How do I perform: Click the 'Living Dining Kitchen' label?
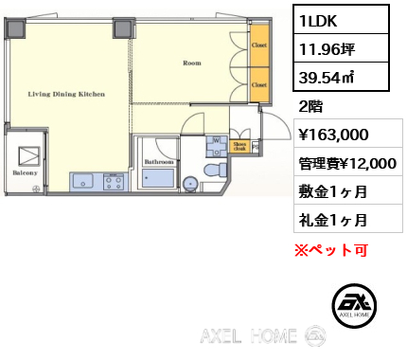coord(66,95)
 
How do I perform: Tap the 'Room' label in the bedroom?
coord(192,63)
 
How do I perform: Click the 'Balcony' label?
coord(25,173)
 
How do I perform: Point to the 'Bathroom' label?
coord(158,162)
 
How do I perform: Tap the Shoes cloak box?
coord(239,147)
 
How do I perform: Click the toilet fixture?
coord(215,171)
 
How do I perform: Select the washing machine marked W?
coord(216,145)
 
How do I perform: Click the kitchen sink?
coord(81,181)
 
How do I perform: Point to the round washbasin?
coord(190,184)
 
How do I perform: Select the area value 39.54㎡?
coord(327,75)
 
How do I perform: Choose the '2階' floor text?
coord(311,106)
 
